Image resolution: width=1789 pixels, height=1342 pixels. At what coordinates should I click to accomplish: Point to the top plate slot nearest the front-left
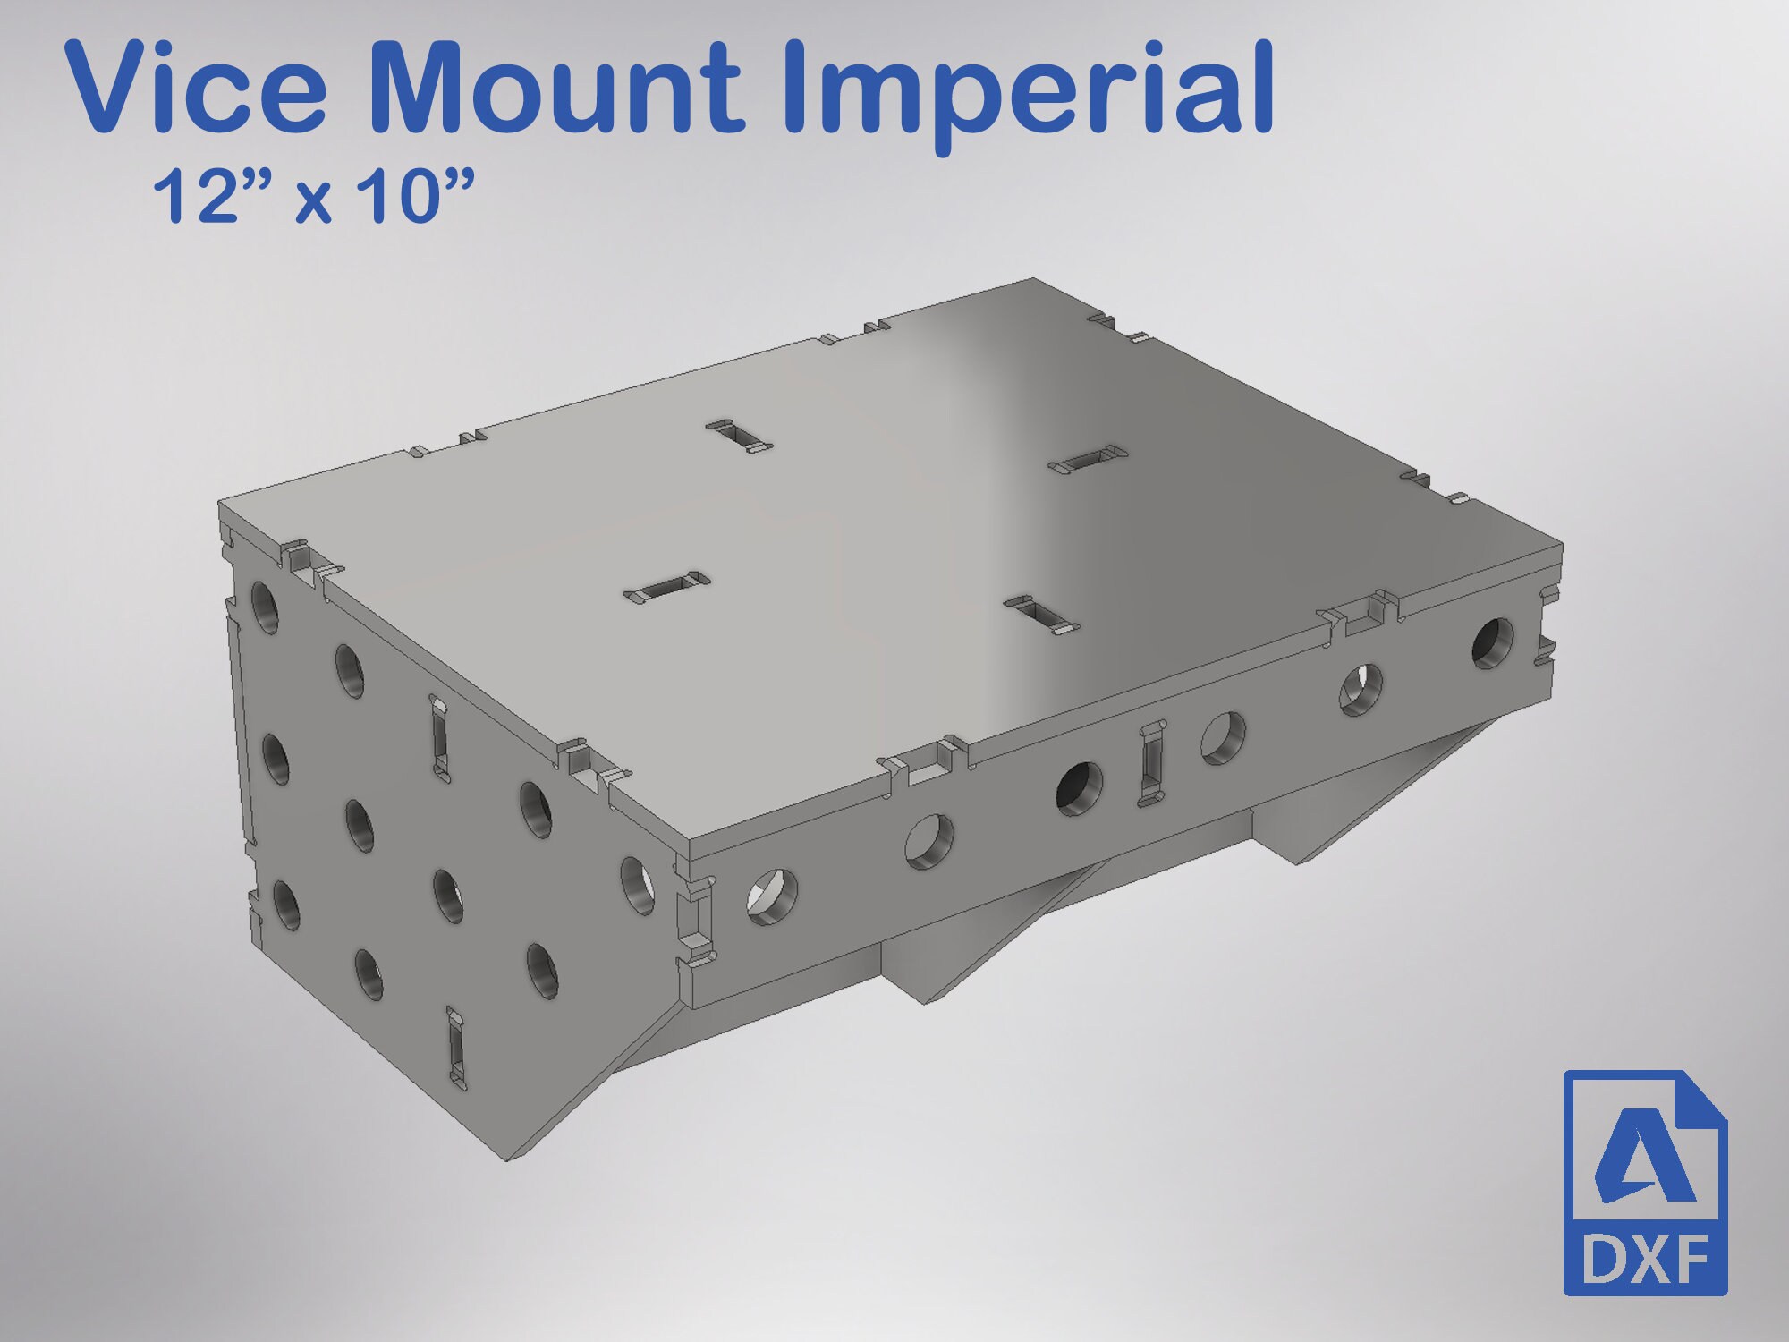tap(666, 586)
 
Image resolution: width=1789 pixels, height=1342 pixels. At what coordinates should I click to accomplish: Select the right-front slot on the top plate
tap(1042, 616)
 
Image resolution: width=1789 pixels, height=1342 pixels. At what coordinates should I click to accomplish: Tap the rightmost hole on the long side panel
tap(1493, 641)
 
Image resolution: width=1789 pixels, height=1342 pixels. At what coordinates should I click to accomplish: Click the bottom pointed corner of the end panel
tap(510, 1159)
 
